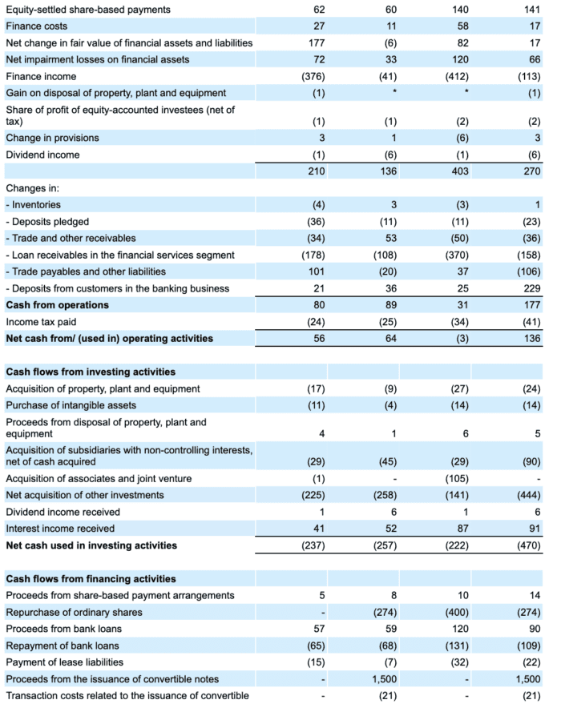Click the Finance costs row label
click(x=36, y=26)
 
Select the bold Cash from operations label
click(x=57, y=305)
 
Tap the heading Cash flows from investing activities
click(x=91, y=372)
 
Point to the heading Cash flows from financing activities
click(x=91, y=579)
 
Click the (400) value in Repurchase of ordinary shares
click(x=457, y=613)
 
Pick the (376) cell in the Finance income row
click(x=313, y=77)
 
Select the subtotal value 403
click(x=460, y=171)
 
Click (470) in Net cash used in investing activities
click(x=529, y=545)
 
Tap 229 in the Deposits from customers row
click(x=532, y=288)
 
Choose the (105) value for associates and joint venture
click(x=457, y=479)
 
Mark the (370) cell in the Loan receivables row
click(x=457, y=255)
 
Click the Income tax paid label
click(x=41, y=322)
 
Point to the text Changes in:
click(x=32, y=188)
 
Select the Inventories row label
click(x=33, y=205)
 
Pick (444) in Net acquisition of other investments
click(x=529, y=496)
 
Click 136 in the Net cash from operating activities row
click(x=532, y=338)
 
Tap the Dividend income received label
click(x=63, y=513)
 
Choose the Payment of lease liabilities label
click(x=64, y=662)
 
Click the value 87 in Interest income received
click(x=463, y=529)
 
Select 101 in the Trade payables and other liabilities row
click(x=317, y=272)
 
